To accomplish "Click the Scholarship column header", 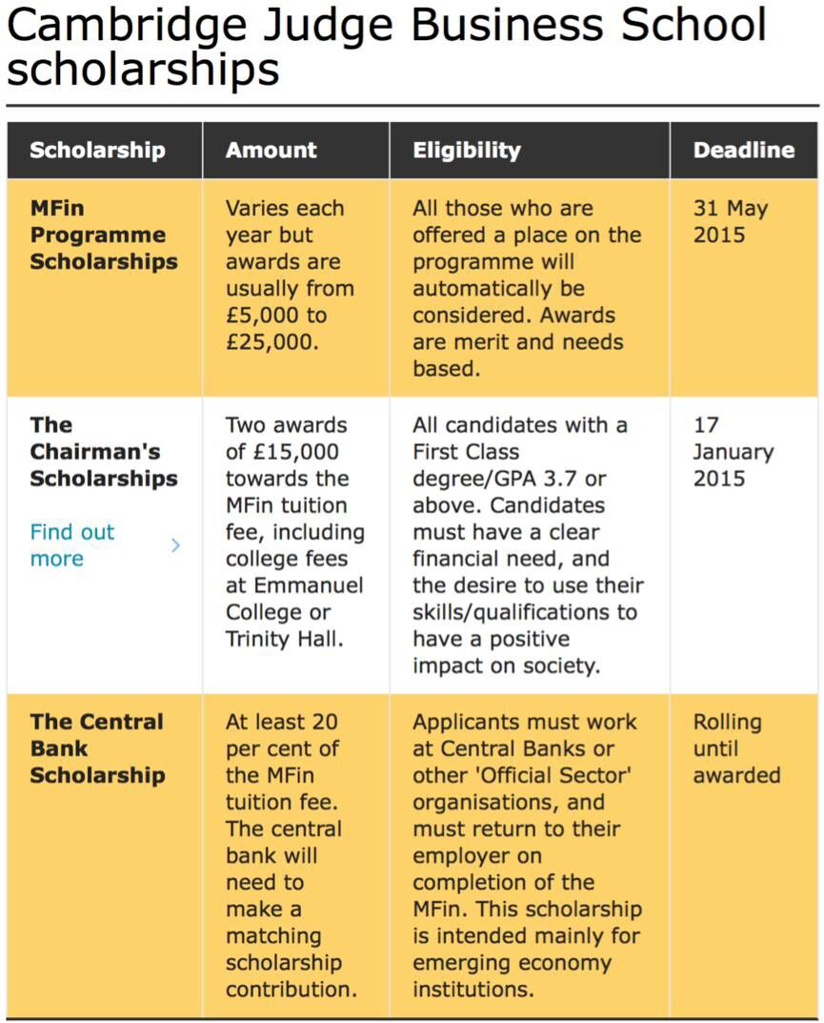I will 97,151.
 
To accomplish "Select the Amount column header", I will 271,151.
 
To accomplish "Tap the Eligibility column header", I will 467,151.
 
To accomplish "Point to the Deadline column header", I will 744,151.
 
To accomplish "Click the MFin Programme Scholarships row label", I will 103,235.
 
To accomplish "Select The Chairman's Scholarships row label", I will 103,452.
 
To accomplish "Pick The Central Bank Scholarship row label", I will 96,748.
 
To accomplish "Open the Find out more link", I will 72,545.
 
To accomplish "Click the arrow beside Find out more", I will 175,545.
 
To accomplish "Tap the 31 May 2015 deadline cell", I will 731,221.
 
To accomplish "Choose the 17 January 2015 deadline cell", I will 734,452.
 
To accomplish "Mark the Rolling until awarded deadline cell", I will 736,748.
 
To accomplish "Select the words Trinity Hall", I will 284,639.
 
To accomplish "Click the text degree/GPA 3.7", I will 508,479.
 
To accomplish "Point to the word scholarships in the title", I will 143,70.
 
